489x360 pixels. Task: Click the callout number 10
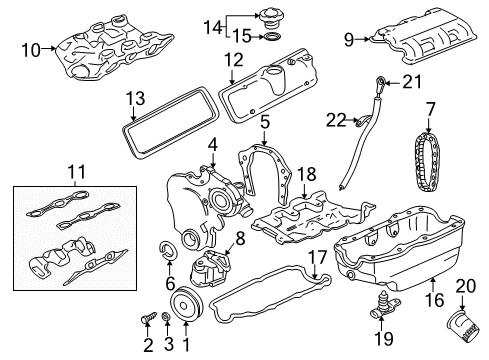point(31,49)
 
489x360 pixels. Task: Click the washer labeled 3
point(166,319)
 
